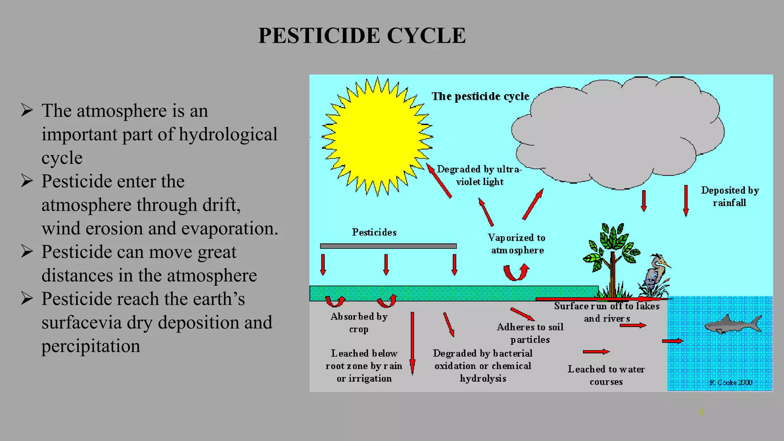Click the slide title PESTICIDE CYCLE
(362, 36)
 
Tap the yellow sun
(377, 137)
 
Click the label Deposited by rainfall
(730, 196)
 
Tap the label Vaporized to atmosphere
(517, 244)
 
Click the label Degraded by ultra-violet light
(479, 175)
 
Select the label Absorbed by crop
(359, 323)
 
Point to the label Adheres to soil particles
(530, 333)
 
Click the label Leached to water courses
(606, 375)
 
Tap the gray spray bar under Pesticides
(388, 246)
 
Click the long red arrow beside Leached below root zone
(412, 343)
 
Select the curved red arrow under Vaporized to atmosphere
(516, 272)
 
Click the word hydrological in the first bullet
(228, 134)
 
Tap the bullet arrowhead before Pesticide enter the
(27, 181)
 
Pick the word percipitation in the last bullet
(91, 346)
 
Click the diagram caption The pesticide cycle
(480, 96)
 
